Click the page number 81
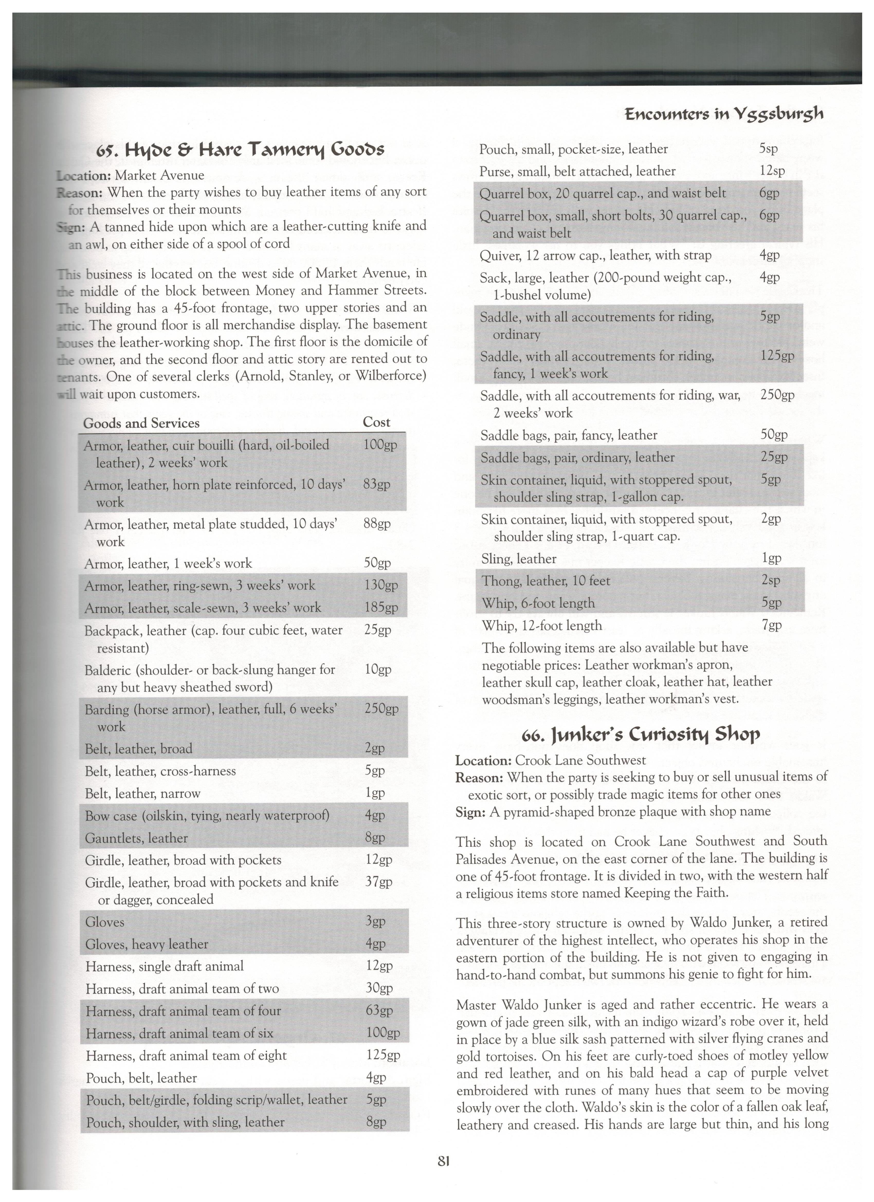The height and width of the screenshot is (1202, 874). click(444, 1161)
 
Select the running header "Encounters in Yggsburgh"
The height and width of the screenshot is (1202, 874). click(723, 114)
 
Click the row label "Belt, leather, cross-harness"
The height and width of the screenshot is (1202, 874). click(160, 771)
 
